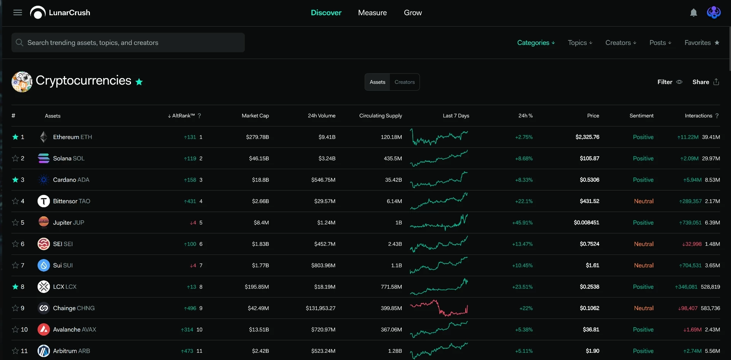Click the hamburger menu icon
(18, 13)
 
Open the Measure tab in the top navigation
(372, 13)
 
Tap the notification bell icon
(694, 13)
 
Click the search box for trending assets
(128, 43)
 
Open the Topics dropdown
(580, 43)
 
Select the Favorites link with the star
(702, 43)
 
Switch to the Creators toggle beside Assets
(404, 82)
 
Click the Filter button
(670, 82)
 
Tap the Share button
(705, 82)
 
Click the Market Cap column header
(255, 116)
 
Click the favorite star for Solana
(15, 158)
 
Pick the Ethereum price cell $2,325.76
(587, 137)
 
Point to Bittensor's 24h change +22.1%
(524, 201)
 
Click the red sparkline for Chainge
(439, 308)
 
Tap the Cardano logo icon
(44, 180)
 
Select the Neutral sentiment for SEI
(643, 244)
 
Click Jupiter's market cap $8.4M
(261, 223)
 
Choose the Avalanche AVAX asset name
(75, 330)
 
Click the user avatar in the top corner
(713, 13)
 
